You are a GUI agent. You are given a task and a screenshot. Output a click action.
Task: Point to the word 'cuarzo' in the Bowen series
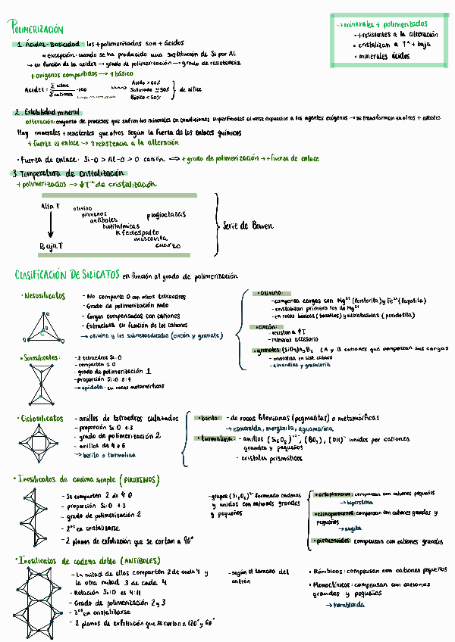click(168, 245)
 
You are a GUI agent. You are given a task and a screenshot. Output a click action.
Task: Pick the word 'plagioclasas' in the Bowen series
click(166, 214)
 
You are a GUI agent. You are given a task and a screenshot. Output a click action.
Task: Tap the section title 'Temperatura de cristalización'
click(65, 173)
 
